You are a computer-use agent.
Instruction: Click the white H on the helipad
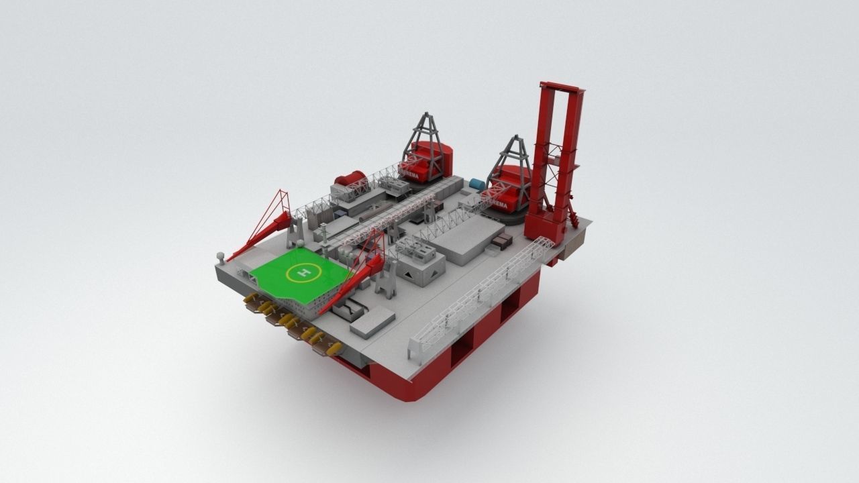coord(303,273)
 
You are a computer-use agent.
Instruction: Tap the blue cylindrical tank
coord(477,184)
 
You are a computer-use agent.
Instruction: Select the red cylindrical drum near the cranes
coord(350,179)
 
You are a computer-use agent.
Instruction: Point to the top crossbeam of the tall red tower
coord(560,87)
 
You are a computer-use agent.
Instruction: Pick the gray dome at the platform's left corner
coord(219,256)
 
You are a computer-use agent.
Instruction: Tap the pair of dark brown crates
coord(503,241)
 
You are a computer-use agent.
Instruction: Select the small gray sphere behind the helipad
coord(301,243)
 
